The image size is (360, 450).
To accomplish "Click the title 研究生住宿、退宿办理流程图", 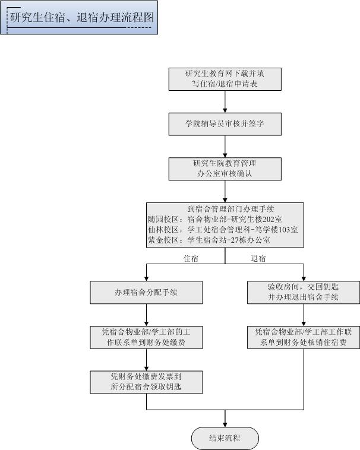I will point(81,18).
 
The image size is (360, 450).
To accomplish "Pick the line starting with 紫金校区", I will point(209,240).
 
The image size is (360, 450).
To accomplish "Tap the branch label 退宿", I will point(258,259).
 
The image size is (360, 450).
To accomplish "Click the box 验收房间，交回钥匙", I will point(303,292).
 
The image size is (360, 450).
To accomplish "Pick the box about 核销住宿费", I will point(303,337).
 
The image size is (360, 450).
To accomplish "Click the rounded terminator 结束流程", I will point(225,439).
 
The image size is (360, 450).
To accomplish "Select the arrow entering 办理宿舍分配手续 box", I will point(146,273).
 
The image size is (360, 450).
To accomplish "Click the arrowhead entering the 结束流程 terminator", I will point(225,424).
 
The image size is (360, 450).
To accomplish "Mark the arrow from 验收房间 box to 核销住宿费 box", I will point(303,315).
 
